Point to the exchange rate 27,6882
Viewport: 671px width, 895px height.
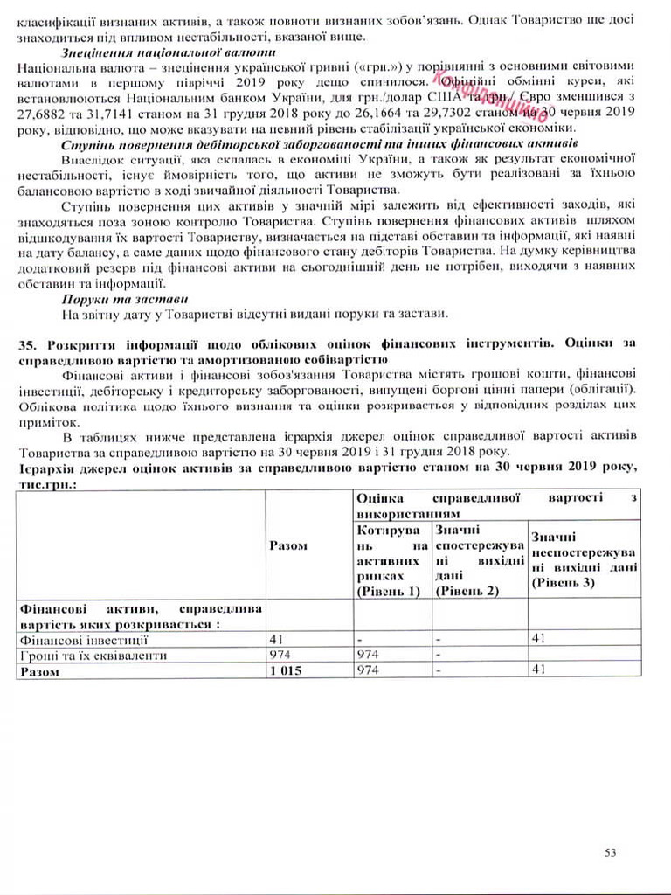click(41, 115)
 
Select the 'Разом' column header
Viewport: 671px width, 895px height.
click(288, 545)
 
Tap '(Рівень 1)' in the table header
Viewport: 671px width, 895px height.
click(387, 592)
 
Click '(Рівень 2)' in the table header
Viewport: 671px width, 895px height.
click(467, 592)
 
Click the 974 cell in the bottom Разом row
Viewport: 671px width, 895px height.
click(368, 670)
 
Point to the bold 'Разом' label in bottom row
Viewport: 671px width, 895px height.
click(39, 671)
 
